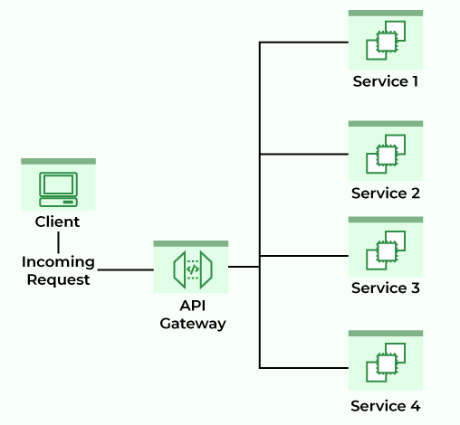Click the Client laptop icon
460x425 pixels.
pyautogui.click(x=58, y=187)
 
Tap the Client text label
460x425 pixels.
pyautogui.click(x=57, y=222)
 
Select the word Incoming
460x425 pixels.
pyautogui.click(x=58, y=261)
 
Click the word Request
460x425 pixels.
pyautogui.click(x=58, y=279)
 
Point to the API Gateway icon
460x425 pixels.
pyautogui.click(x=191, y=269)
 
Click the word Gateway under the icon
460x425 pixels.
pyautogui.click(x=191, y=323)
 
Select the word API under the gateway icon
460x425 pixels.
pyautogui.click(x=191, y=306)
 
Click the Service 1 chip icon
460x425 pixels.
pyautogui.click(x=385, y=42)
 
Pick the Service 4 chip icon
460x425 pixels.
pyautogui.click(x=385, y=364)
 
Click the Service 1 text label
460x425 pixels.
pyautogui.click(x=385, y=81)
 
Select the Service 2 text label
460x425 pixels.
pyautogui.click(x=385, y=194)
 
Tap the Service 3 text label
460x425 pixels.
pyautogui.click(x=385, y=288)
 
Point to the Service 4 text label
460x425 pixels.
pyautogui.click(x=385, y=405)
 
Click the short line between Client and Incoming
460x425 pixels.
pyautogui.click(x=58, y=241)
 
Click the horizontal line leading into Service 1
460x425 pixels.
pyautogui.click(x=303, y=42)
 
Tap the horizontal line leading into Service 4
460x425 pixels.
pyautogui.click(x=303, y=368)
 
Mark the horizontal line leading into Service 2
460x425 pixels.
pyautogui.click(x=303, y=155)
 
